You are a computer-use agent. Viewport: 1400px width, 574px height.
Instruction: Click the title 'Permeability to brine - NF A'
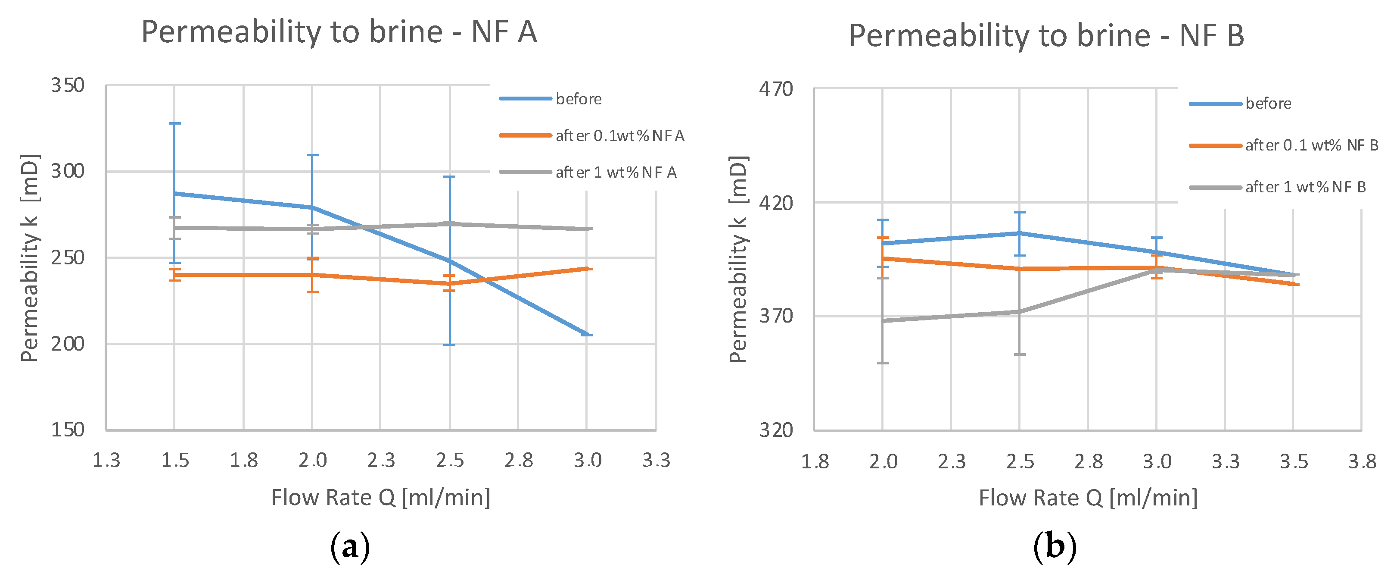pos(339,31)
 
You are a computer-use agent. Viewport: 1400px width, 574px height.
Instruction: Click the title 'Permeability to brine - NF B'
pos(1046,35)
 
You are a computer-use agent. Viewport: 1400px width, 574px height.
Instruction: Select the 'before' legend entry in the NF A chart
pos(578,99)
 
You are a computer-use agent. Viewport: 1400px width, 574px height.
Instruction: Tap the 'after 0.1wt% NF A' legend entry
pos(619,135)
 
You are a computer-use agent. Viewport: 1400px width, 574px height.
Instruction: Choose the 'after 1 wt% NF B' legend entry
pos(1305,187)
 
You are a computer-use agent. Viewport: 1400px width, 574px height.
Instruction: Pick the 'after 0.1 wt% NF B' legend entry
pos(1311,145)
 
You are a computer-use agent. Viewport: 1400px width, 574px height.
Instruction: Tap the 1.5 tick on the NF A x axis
pos(175,461)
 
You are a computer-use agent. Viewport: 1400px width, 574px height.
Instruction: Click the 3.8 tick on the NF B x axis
pos(1362,462)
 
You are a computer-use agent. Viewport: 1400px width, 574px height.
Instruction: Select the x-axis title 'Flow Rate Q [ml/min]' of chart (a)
pos(380,497)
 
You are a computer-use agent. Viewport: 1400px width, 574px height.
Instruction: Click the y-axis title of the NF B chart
pos(738,260)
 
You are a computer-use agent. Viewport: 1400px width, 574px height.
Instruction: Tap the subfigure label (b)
pos(1055,547)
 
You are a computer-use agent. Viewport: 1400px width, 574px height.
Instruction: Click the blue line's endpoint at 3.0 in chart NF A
pos(587,335)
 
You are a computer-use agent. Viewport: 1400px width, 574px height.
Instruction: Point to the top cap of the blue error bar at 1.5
pos(174,123)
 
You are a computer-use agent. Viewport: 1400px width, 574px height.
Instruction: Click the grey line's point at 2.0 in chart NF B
pos(883,321)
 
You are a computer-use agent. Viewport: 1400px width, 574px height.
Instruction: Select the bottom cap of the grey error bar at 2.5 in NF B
pos(1020,354)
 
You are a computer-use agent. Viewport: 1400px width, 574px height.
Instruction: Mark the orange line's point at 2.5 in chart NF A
pos(449,283)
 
